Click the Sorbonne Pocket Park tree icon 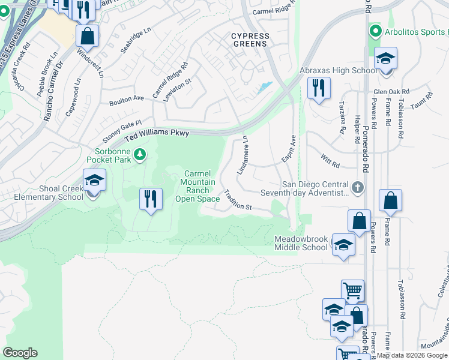coord(140,155)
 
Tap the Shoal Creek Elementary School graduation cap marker coord(95,181)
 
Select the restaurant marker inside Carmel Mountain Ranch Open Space coord(151,199)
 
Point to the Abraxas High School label coord(339,71)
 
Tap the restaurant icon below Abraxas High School coord(318,88)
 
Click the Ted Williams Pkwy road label coord(157,137)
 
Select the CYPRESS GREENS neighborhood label coord(251,40)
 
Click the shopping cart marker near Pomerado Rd coord(352,291)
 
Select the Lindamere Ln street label coord(243,155)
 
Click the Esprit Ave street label coord(289,149)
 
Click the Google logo coord(20,353)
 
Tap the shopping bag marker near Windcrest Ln coord(88,35)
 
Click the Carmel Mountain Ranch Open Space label coord(197,187)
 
